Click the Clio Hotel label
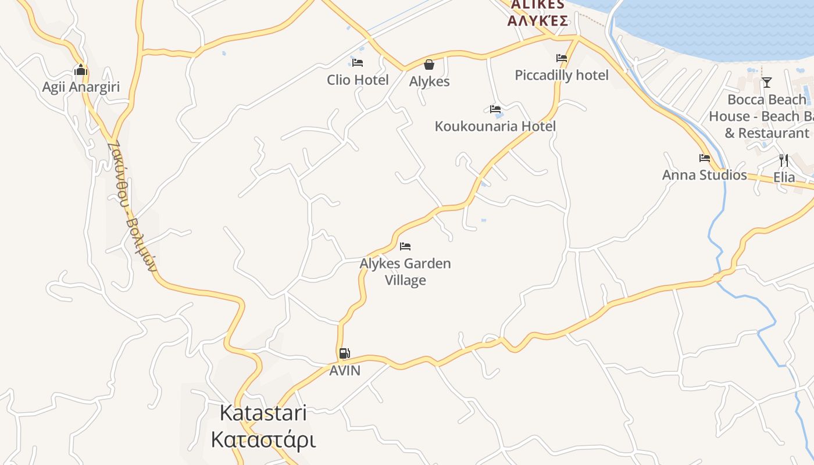[x=357, y=80]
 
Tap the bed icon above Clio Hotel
[x=357, y=62]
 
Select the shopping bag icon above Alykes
[x=429, y=64]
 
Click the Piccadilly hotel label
[x=562, y=75]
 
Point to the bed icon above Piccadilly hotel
[x=561, y=58]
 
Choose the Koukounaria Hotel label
[x=495, y=126]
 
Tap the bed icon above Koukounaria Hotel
[x=495, y=109]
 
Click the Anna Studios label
[x=704, y=175]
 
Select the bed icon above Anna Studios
[x=705, y=158]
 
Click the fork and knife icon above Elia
[x=784, y=160]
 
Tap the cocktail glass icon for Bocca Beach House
[x=766, y=83]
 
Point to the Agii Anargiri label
[x=81, y=87]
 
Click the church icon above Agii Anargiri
[x=80, y=70]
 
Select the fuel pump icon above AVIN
[x=344, y=353]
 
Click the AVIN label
[x=345, y=370]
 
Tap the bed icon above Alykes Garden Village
[x=405, y=246]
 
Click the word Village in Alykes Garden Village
[x=405, y=280]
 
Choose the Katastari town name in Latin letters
[x=263, y=413]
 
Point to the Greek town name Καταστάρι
[x=263, y=439]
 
